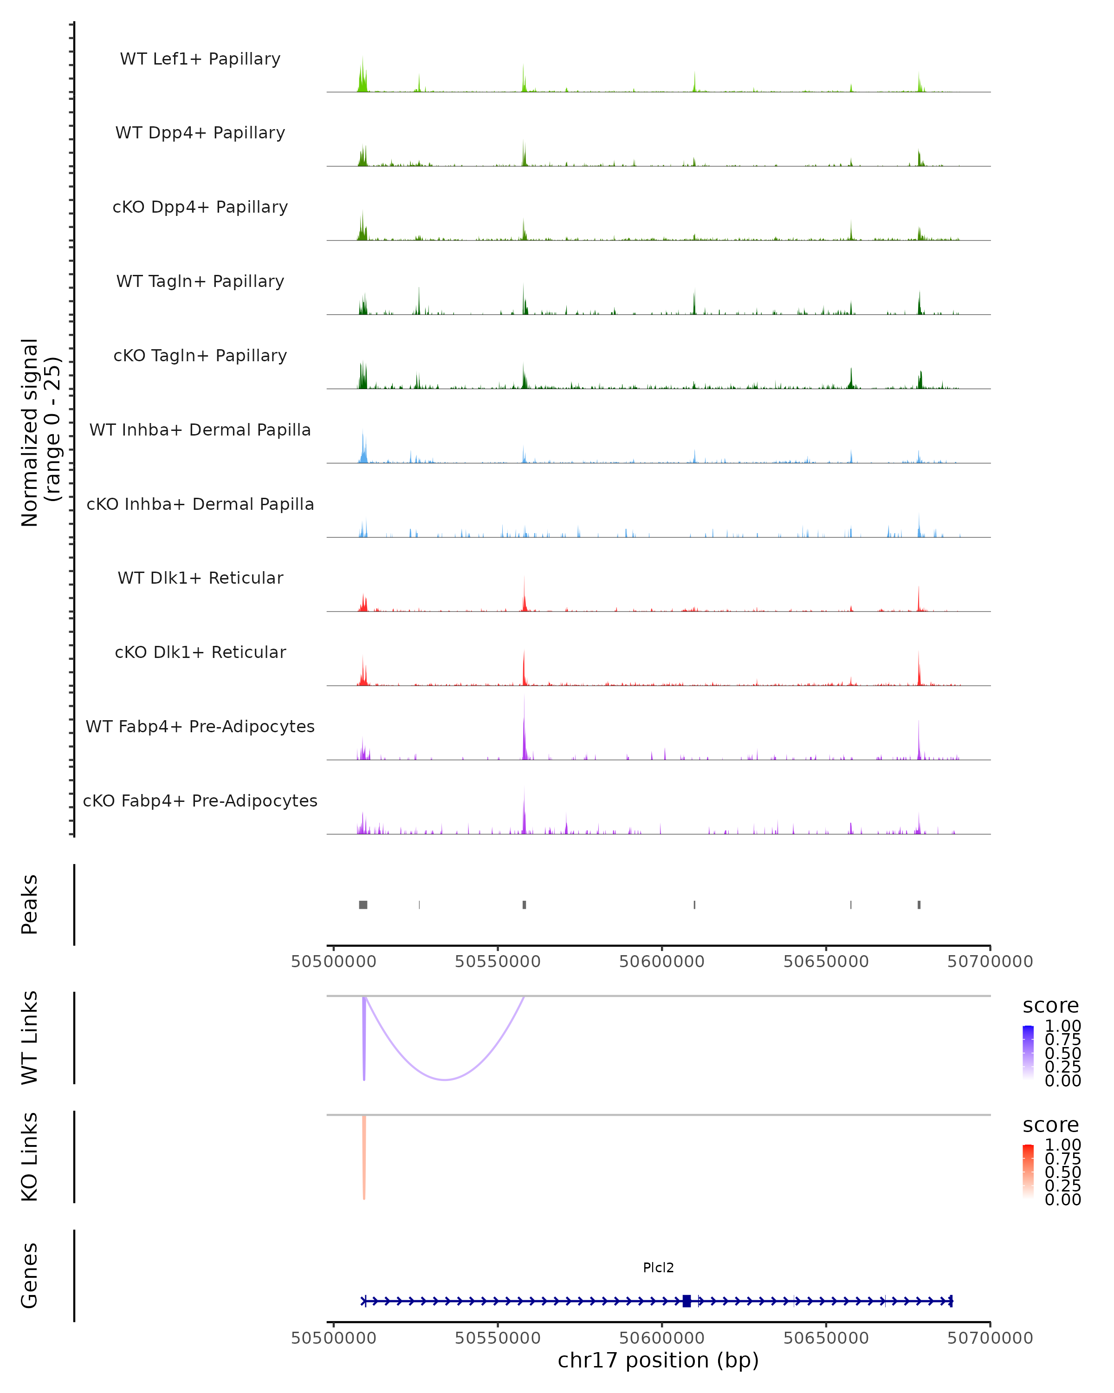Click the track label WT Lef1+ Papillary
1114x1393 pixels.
point(200,59)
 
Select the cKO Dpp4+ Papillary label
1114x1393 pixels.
point(200,208)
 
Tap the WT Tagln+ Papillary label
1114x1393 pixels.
point(200,282)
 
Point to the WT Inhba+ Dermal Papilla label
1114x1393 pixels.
point(200,430)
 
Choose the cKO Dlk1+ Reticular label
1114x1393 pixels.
point(200,652)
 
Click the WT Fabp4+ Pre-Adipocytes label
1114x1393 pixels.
point(200,727)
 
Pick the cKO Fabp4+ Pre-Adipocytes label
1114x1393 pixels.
point(200,801)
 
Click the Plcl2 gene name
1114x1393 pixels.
point(658,1268)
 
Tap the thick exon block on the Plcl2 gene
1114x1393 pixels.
point(687,1301)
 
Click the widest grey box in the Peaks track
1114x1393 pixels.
point(363,905)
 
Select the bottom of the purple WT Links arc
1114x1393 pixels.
point(445,1079)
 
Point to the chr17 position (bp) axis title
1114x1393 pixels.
point(658,1360)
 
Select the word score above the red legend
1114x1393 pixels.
point(1051,1125)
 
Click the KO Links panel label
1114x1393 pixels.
point(30,1157)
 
